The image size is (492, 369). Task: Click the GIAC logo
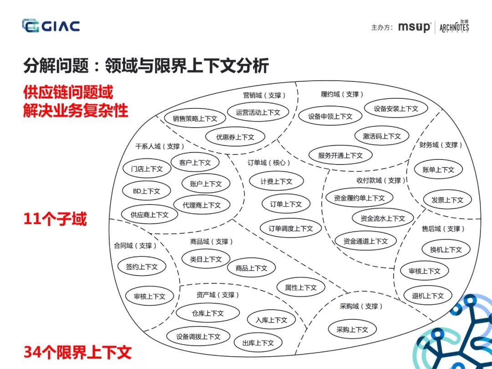[x=51, y=26]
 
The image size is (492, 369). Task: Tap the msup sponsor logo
[x=414, y=27]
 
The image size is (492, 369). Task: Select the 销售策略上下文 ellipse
[x=195, y=118]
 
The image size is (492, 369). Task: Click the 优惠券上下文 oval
[x=235, y=137]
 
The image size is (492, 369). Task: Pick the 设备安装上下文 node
[x=396, y=108]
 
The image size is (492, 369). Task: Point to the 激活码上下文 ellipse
[x=382, y=136]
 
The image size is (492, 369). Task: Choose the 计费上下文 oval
[x=276, y=181]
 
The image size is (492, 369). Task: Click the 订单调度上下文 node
[x=291, y=228]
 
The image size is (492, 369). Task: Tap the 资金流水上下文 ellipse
[x=382, y=218]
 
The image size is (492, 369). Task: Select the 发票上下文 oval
[x=447, y=200]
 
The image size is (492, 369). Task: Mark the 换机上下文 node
[x=446, y=250]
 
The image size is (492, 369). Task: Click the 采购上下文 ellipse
[x=352, y=329]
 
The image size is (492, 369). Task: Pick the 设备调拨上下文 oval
[x=198, y=337]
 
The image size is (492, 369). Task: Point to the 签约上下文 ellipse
[x=141, y=267]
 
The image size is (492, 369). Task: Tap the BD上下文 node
[x=146, y=191]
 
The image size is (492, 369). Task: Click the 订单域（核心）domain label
[x=269, y=163]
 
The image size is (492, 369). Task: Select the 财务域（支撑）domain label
[x=441, y=145]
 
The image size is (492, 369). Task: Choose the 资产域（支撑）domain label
[x=218, y=295]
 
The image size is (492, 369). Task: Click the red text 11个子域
[x=55, y=220]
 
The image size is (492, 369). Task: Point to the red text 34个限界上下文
[x=77, y=352]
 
